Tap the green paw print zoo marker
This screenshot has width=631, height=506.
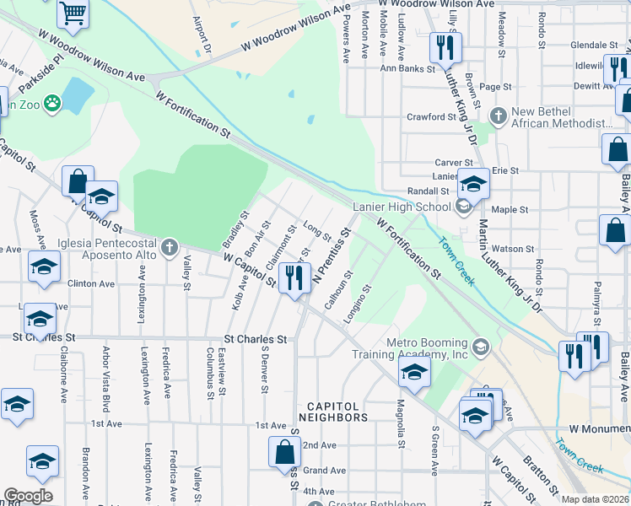(x=53, y=103)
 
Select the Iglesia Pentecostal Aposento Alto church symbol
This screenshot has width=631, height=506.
(x=170, y=246)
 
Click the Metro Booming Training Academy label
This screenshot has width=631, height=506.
(x=427, y=349)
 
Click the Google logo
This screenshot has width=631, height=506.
(x=28, y=496)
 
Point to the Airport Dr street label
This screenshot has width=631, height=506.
(x=201, y=33)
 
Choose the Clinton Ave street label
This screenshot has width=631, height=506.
(x=90, y=284)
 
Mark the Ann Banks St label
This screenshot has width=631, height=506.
(x=405, y=68)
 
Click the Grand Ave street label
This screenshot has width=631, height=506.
(x=324, y=471)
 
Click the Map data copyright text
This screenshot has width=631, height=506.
(x=595, y=499)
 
